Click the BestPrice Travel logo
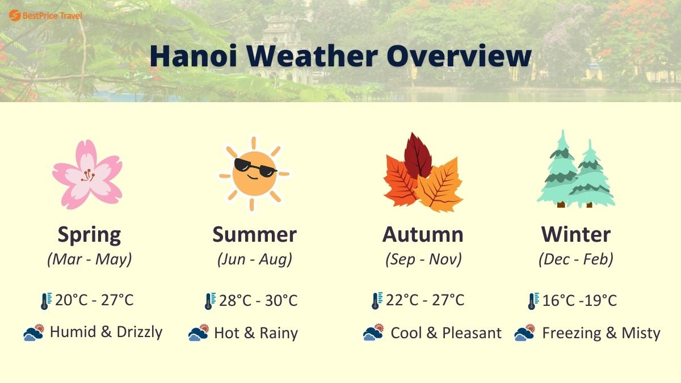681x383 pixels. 45,15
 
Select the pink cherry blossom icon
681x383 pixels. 87,174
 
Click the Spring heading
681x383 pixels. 89,234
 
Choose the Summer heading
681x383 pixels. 254,234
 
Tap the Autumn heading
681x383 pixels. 423,234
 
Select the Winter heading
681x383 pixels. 575,234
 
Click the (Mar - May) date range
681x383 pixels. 89,259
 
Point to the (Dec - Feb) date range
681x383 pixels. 575,259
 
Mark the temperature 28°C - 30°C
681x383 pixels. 258,300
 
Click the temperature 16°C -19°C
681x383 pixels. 579,300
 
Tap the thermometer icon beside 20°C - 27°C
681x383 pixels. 46,301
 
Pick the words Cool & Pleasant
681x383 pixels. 446,333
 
